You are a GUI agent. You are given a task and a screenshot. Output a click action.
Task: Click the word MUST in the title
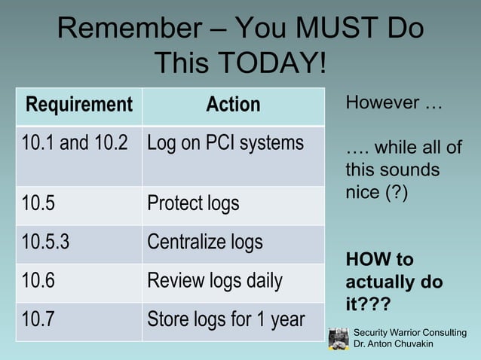(x=331, y=30)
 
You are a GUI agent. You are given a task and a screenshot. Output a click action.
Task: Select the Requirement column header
(x=79, y=105)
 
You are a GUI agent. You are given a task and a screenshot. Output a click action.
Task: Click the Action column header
(x=233, y=105)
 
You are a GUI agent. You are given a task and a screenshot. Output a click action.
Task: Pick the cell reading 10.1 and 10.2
(x=75, y=142)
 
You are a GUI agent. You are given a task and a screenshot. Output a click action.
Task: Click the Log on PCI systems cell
(x=225, y=142)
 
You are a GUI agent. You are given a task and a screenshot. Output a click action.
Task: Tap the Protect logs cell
(x=193, y=203)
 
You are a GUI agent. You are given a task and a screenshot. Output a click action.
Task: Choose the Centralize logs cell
(x=205, y=243)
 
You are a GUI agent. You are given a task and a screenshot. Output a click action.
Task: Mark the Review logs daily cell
(x=215, y=282)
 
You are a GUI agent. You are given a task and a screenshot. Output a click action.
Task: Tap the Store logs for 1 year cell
(x=225, y=319)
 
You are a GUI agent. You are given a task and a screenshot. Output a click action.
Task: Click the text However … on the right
(x=393, y=102)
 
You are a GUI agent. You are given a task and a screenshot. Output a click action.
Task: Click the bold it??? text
(x=370, y=307)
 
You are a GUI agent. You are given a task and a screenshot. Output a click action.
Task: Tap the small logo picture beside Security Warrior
(x=339, y=338)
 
